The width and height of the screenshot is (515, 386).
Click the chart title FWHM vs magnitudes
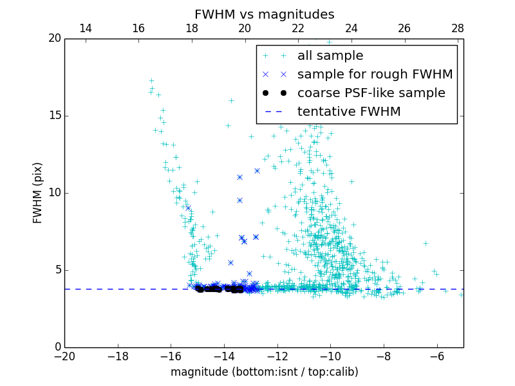click(x=264, y=14)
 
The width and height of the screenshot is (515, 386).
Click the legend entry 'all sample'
click(x=330, y=56)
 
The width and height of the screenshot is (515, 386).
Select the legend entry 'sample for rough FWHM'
click(x=375, y=74)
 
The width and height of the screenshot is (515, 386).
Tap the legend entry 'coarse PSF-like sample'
click(x=371, y=93)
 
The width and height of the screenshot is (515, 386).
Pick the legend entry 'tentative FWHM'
click(x=349, y=111)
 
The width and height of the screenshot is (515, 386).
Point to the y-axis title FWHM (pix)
click(x=38, y=193)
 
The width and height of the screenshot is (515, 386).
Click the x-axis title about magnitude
click(x=264, y=372)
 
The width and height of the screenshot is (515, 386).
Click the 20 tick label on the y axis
click(x=53, y=39)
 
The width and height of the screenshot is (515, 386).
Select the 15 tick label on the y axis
click(x=53, y=116)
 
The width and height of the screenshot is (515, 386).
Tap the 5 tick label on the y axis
click(x=57, y=270)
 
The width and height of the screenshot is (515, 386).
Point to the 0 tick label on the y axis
click(x=57, y=347)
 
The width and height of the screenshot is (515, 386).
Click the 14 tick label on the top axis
click(x=85, y=28)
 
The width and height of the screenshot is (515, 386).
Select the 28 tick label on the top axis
click(x=458, y=28)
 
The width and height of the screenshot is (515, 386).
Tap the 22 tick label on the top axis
click(x=298, y=28)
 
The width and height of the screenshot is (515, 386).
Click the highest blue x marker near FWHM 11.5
click(x=257, y=170)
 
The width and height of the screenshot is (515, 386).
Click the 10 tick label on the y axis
click(x=53, y=193)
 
